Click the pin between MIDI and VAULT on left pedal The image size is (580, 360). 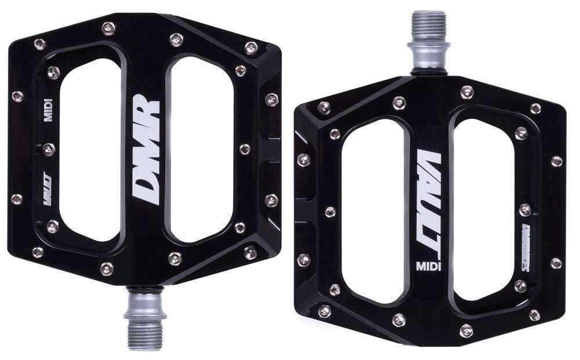pyautogui.click(x=49, y=149)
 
